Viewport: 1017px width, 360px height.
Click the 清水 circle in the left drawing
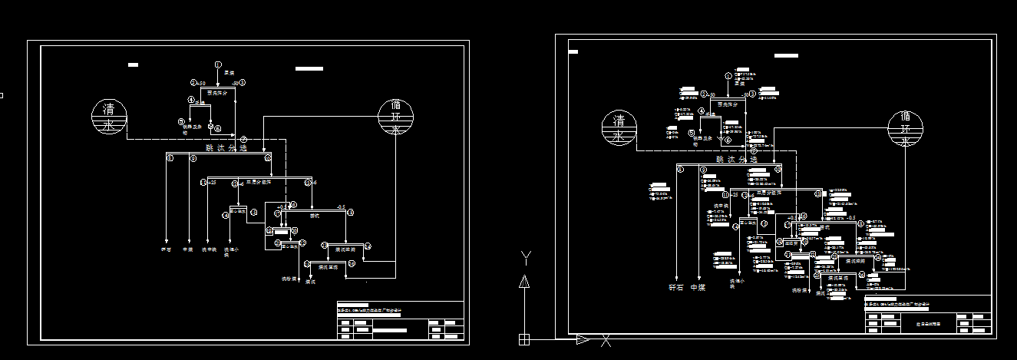tap(109, 117)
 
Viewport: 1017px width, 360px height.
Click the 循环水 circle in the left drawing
tap(395, 117)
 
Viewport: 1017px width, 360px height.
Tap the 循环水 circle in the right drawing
tap(906, 128)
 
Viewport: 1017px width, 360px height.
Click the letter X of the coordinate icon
tap(606, 339)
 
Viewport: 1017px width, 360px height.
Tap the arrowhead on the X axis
tap(583, 339)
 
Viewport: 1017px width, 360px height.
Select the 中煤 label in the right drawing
tap(697, 288)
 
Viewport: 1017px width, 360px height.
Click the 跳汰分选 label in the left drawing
tap(226, 147)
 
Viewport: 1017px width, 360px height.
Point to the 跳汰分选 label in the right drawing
tap(735, 160)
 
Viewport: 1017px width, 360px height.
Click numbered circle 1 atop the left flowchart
tap(218, 64)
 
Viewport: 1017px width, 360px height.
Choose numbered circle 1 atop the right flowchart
tap(728, 76)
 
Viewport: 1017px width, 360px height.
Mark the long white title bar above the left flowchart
tap(309, 68)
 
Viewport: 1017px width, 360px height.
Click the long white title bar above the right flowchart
tap(786, 55)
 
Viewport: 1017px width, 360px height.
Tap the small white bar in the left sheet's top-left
tap(133, 65)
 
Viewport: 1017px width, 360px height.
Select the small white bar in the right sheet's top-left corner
tap(573, 52)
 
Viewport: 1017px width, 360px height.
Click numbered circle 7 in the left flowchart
tap(243, 139)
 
